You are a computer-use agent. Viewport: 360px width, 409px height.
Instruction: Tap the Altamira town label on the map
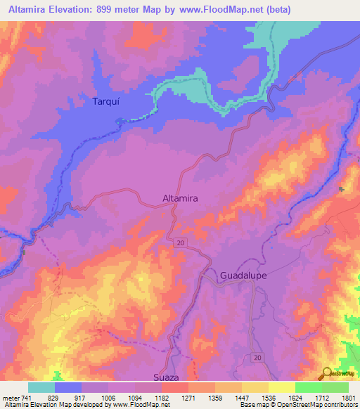coord(180,199)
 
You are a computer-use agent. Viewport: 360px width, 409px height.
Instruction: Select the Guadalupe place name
coord(243,275)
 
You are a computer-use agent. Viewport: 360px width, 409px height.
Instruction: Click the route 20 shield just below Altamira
coord(181,242)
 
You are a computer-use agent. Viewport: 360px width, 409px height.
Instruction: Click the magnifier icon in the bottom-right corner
coord(326,373)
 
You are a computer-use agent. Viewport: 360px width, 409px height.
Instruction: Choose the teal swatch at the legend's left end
coord(41,387)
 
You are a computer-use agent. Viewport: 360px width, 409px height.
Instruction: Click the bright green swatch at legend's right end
coord(335,387)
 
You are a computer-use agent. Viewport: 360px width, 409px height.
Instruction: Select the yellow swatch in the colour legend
coord(282,387)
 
